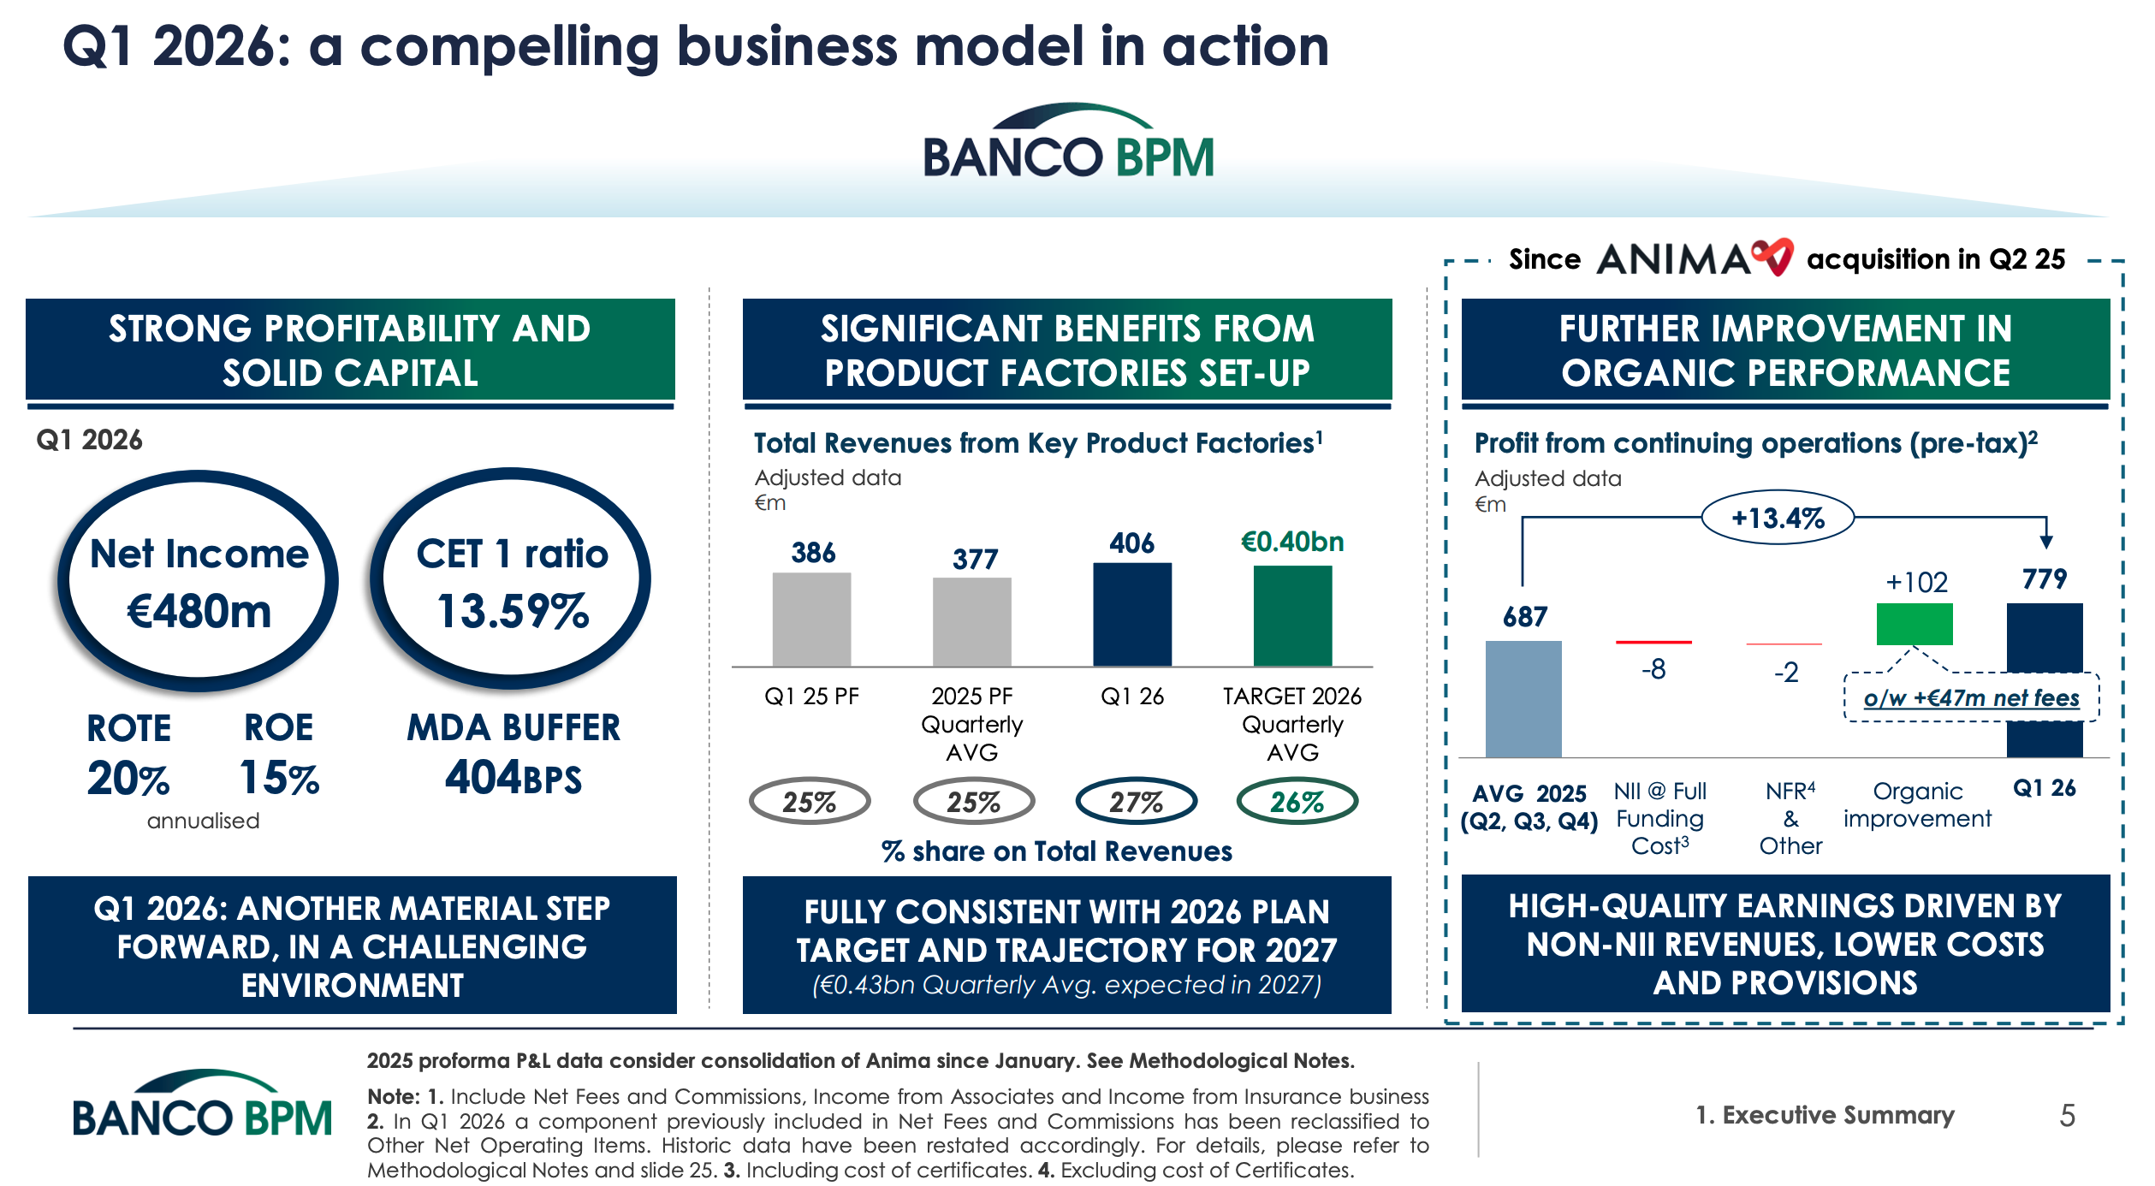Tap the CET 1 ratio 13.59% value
pyautogui.click(x=513, y=611)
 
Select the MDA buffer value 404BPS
pyautogui.click(x=514, y=777)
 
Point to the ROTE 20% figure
pyautogui.click(x=129, y=778)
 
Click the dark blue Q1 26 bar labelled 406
pyautogui.click(x=1132, y=614)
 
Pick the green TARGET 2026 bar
pyautogui.click(x=1292, y=615)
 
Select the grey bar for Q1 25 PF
pyautogui.click(x=811, y=619)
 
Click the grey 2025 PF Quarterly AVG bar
pyautogui.click(x=972, y=621)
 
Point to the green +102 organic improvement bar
pyautogui.click(x=1915, y=624)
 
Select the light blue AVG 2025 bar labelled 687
pyautogui.click(x=1523, y=699)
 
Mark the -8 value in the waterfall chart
pyautogui.click(x=1653, y=669)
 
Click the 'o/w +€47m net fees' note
pyautogui.click(x=1971, y=698)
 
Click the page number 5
pyautogui.click(x=2067, y=1115)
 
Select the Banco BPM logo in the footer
pyautogui.click(x=202, y=1104)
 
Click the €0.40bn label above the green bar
pyautogui.click(x=1292, y=542)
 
